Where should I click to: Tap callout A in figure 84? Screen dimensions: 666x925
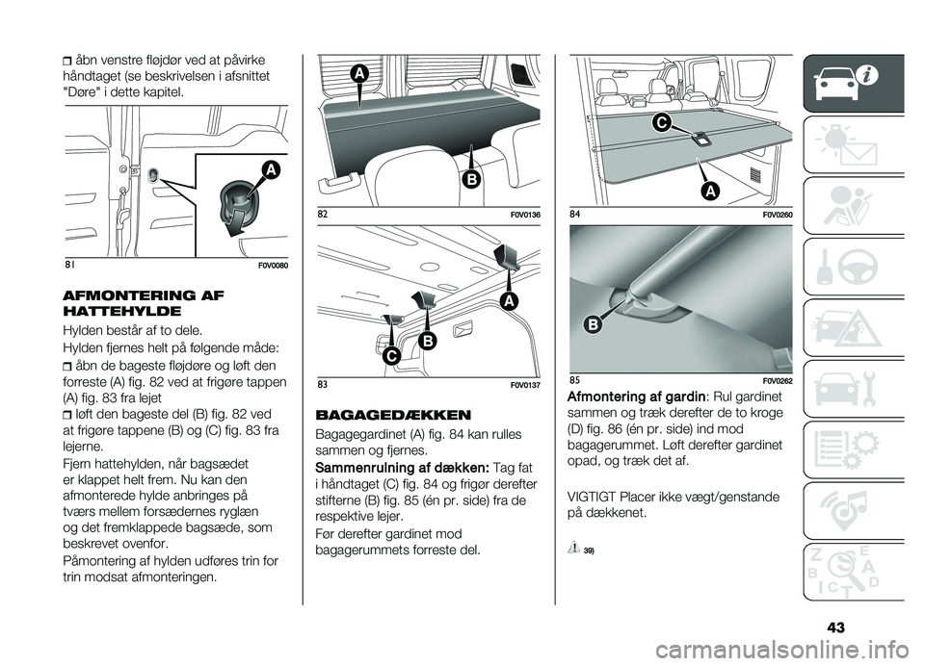(x=709, y=191)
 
